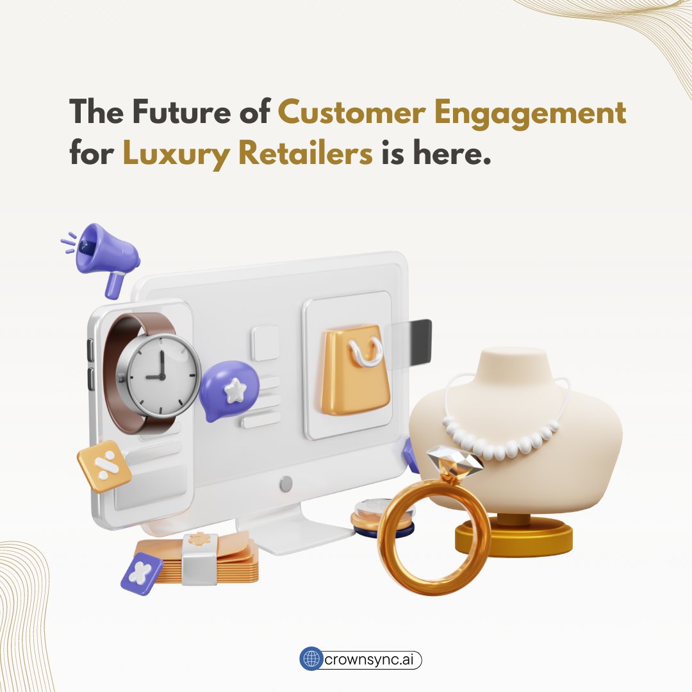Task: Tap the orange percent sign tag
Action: (104, 466)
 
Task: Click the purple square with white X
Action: (142, 573)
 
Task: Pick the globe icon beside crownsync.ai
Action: (310, 659)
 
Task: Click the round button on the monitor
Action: (286, 484)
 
